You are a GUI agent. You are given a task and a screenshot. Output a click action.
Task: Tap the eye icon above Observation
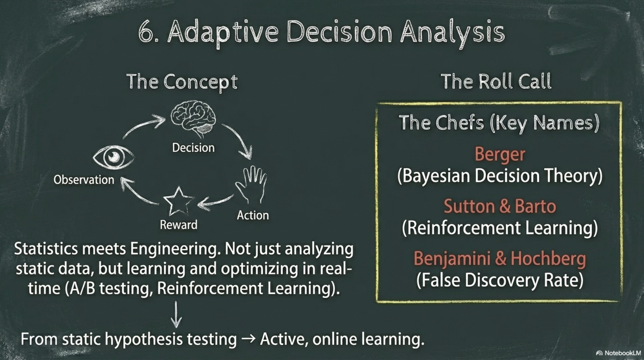[113, 157]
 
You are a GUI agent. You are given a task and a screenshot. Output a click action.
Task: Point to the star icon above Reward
[178, 201]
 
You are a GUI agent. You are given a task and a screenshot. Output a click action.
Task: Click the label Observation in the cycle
[84, 180]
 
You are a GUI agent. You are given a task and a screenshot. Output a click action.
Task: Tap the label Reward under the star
[178, 225]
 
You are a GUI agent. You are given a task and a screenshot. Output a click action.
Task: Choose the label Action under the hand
[253, 215]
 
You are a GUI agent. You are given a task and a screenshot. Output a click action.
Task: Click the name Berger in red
[500, 154]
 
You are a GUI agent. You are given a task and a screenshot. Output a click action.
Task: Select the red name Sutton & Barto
[500, 206]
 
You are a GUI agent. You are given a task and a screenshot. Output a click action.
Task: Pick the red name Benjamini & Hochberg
[500, 259]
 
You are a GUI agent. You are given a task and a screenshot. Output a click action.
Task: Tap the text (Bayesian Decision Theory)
[500, 176]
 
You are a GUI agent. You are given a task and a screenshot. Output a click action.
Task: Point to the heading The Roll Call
[496, 81]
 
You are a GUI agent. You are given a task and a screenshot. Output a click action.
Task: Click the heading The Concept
[182, 82]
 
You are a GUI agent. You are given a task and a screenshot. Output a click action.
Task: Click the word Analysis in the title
[452, 33]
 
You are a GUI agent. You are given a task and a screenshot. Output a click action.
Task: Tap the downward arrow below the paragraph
[176, 314]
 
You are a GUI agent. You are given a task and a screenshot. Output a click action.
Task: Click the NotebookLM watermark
[618, 353]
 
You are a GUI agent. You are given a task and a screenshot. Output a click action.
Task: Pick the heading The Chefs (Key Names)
[499, 123]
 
